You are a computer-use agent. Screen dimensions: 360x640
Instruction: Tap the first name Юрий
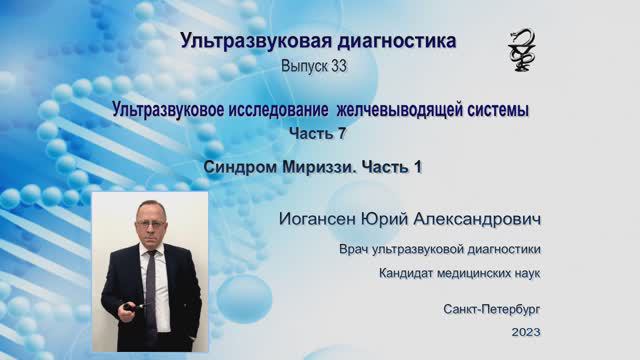click(x=401, y=218)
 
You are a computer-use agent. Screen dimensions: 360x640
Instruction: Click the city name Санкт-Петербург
click(x=492, y=310)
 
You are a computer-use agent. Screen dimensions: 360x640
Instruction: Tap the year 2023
click(x=525, y=331)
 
